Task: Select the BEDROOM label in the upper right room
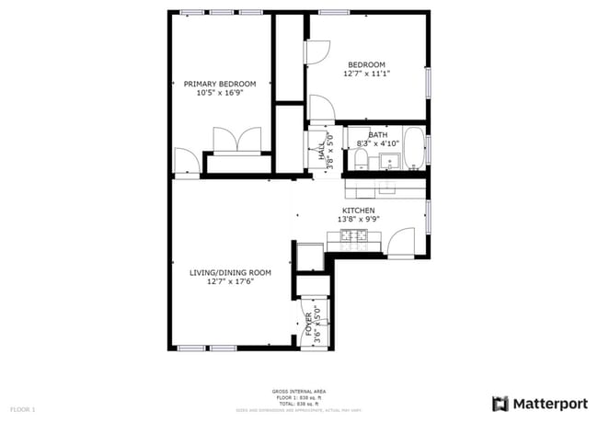365,64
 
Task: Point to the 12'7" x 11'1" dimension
365,74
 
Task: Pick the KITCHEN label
358,211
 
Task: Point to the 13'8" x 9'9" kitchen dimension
358,220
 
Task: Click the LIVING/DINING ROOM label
230,272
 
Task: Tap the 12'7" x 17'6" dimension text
230,281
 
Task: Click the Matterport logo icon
500,403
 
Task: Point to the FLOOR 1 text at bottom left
22,408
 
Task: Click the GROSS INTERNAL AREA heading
298,390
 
